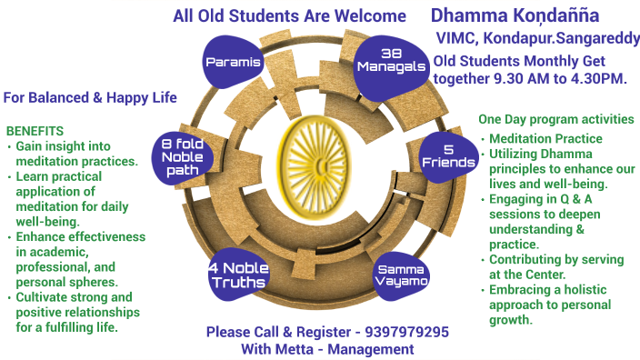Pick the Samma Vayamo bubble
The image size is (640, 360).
[x=401, y=273]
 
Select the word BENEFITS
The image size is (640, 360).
[x=35, y=131]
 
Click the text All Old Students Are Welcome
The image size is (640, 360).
[x=289, y=15]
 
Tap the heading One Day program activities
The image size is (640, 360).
[x=555, y=120]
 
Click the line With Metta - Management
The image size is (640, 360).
[x=327, y=349]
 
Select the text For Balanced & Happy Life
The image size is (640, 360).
[x=89, y=97]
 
